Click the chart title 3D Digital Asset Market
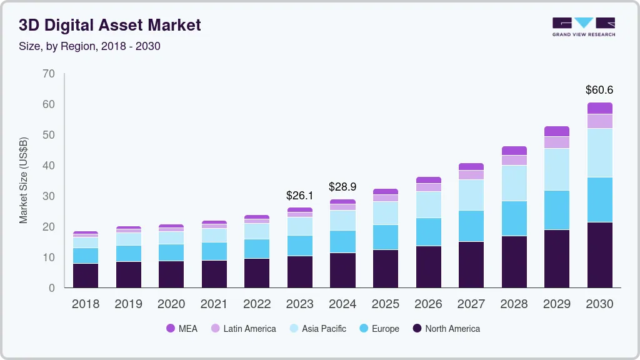tap(109, 25)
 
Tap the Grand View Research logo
tap(583, 27)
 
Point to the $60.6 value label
tap(599, 90)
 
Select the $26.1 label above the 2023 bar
tap(299, 196)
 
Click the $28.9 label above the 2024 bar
tap(342, 187)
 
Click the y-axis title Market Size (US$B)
tap(24, 180)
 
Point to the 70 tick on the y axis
tap(49, 74)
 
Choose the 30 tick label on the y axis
tap(49, 196)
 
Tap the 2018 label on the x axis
tap(85, 304)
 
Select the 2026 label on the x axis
tap(428, 304)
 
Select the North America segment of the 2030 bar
tap(599, 255)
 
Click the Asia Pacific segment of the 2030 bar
tap(599, 152)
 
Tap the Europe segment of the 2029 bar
tap(557, 210)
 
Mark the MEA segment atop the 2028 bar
tap(514, 151)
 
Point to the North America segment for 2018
tap(85, 276)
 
